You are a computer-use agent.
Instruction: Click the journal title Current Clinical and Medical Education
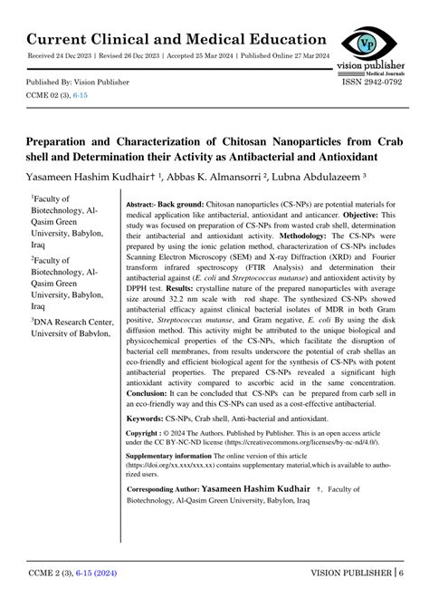pyautogui.click(x=176, y=38)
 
